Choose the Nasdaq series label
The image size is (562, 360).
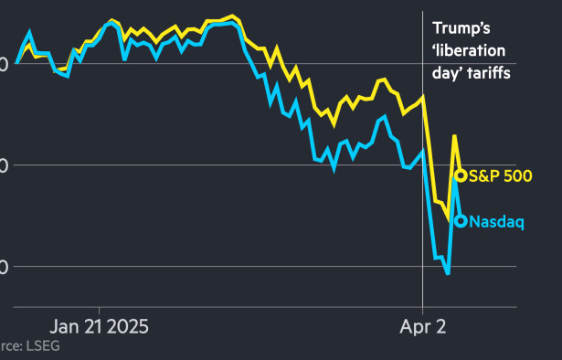(x=496, y=221)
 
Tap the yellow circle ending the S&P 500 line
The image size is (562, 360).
(x=461, y=175)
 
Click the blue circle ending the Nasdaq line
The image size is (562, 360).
(x=461, y=220)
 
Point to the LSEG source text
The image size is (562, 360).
(x=18, y=346)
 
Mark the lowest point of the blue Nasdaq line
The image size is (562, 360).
(x=448, y=273)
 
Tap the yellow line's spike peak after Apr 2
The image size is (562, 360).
(x=454, y=136)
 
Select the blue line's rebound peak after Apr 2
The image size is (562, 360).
(x=454, y=170)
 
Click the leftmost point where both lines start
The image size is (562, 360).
(x=16, y=62)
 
